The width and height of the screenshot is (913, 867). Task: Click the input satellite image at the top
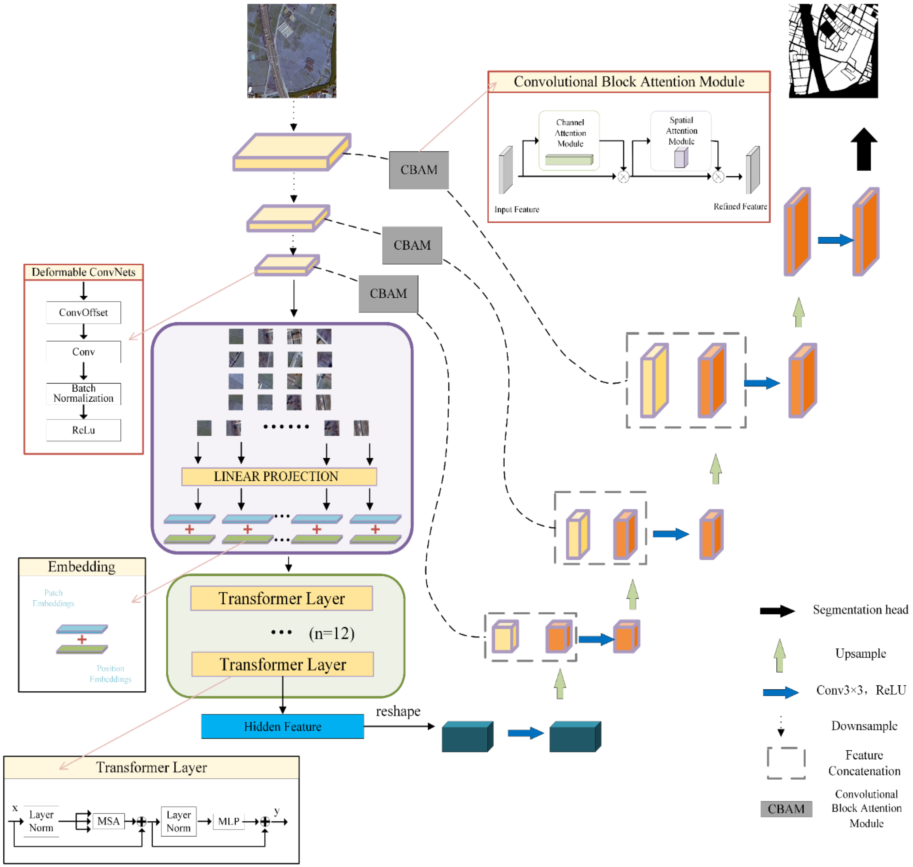click(291, 51)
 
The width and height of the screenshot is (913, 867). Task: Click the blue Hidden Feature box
click(282, 726)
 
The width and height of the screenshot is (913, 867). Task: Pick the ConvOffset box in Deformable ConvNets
click(83, 313)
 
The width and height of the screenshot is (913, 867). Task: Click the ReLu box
click(83, 430)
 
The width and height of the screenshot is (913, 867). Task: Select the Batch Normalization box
click(83, 393)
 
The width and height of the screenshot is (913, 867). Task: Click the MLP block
click(228, 821)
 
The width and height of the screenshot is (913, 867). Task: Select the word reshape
click(398, 711)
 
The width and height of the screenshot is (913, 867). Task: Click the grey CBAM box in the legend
click(785, 809)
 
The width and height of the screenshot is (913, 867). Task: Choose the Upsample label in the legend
click(860, 653)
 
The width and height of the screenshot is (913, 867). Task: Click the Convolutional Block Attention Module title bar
click(629, 82)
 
